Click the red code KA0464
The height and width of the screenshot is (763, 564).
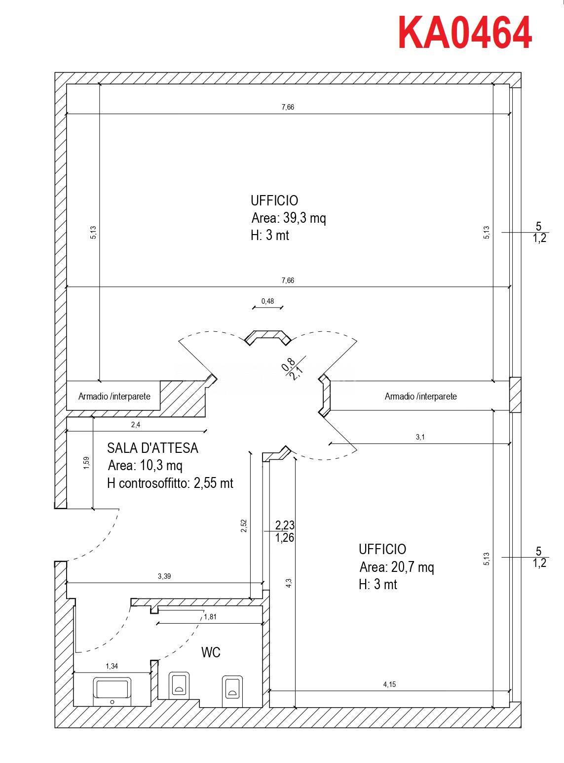464,33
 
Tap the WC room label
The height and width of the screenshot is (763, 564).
211,652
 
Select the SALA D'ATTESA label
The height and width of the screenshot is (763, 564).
152,448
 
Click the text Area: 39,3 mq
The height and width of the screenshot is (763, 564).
289,218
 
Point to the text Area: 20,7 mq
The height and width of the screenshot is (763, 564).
397,566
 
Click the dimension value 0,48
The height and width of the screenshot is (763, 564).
267,301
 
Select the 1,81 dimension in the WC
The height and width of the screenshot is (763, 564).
210,616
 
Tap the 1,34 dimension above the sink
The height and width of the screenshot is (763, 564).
112,666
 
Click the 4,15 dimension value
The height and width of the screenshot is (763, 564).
389,684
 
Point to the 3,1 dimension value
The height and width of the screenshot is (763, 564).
420,437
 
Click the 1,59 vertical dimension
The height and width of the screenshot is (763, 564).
86,463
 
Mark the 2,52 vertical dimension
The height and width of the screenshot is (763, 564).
244,525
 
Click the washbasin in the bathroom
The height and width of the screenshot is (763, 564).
112,689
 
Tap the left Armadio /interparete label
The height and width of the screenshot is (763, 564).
114,397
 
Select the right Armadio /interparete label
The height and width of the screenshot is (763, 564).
420,396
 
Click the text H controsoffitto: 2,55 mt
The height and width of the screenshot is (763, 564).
170,483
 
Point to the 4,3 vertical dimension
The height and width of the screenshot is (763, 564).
289,583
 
